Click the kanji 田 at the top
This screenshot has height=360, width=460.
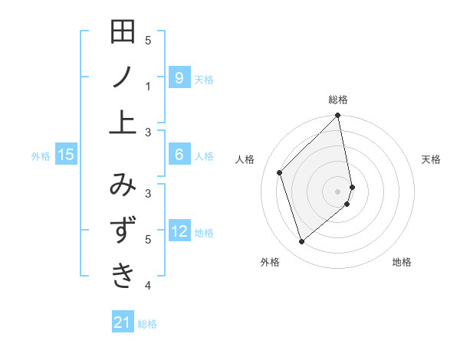(123, 34)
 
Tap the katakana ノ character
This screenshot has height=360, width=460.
(123, 77)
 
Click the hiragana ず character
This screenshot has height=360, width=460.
(123, 231)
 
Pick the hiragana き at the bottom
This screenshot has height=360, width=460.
(123, 274)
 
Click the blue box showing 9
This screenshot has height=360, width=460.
(179, 77)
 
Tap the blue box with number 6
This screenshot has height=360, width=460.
(179, 155)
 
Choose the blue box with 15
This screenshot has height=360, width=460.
(66, 155)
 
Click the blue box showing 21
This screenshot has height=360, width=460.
(123, 322)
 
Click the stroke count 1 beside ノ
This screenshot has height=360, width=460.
(148, 87)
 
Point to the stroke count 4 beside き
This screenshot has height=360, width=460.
(148, 286)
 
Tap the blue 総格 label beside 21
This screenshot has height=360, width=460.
(147, 324)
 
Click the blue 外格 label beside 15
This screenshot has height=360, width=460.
(41, 156)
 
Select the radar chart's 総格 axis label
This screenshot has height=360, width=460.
(338, 100)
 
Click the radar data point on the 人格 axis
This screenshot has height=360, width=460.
(280, 172)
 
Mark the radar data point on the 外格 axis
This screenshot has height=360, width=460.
(302, 242)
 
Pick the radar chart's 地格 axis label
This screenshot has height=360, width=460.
(402, 263)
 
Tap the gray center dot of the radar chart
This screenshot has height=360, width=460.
(338, 191)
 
